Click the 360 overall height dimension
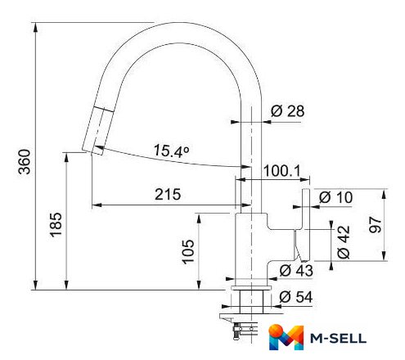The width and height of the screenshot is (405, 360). [25, 161]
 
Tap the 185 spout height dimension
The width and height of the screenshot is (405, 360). [56, 224]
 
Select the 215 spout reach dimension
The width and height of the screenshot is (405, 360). [168, 195]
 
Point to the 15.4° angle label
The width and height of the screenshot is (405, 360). [171, 151]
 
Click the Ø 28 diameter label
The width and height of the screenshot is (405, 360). [287, 111]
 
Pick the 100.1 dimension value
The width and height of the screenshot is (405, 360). [281, 171]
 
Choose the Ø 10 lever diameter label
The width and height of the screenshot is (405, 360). [335, 197]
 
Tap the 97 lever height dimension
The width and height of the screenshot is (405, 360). [375, 225]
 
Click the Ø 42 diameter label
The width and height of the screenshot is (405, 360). [344, 241]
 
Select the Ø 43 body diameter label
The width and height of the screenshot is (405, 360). [296, 271]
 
